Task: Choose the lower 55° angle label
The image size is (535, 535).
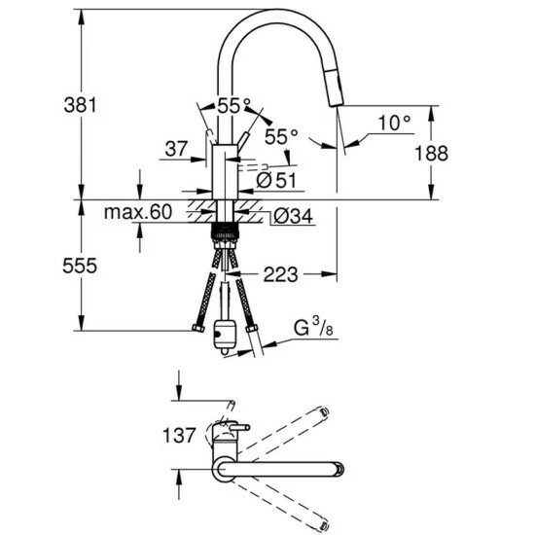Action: [280, 137]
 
